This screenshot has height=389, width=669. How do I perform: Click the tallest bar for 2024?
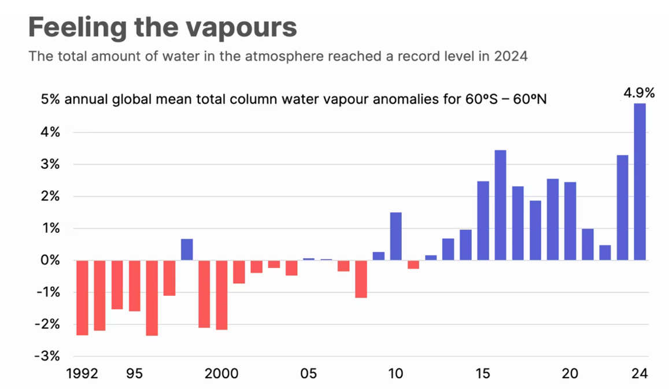(640, 181)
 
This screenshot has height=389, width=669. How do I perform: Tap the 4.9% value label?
(638, 92)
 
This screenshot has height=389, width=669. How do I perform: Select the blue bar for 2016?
(500, 205)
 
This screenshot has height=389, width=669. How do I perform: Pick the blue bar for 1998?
(187, 250)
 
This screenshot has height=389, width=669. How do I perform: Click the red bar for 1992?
(82, 298)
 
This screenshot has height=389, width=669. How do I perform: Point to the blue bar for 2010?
(396, 236)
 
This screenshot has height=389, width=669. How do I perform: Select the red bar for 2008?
(361, 279)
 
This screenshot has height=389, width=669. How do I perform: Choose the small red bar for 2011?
(413, 265)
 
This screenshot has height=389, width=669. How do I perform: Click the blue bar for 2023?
(622, 208)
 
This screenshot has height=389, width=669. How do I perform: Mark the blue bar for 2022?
(605, 253)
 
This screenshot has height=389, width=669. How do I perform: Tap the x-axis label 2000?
(221, 374)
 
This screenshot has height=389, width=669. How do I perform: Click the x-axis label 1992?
(82, 374)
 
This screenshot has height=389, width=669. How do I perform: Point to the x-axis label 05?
(309, 374)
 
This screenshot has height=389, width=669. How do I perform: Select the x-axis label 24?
(640, 374)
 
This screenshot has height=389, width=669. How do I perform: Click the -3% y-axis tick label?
(49, 356)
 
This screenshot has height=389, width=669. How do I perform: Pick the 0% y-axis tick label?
(51, 260)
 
